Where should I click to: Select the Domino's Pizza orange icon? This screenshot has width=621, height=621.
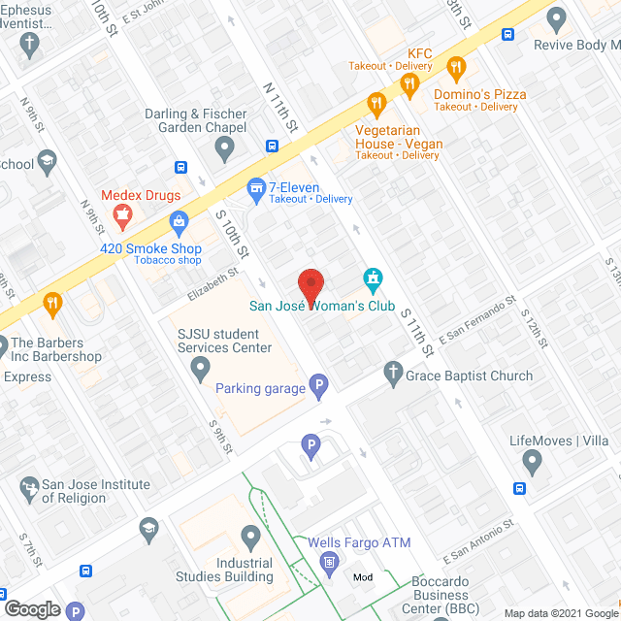[456, 67]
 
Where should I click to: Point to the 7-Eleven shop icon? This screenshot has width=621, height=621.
[256, 186]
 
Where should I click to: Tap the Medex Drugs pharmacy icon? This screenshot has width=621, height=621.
[122, 218]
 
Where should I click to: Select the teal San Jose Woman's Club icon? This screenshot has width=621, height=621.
[371, 280]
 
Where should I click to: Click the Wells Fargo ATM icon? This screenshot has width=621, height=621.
[329, 561]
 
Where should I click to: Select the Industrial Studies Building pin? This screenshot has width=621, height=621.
[251, 536]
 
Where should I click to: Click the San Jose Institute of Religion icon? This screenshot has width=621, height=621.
[30, 485]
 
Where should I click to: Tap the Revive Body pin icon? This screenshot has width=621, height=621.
[556, 18]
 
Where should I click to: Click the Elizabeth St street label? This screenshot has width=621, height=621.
[212, 284]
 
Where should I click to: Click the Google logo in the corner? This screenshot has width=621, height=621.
[31, 608]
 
